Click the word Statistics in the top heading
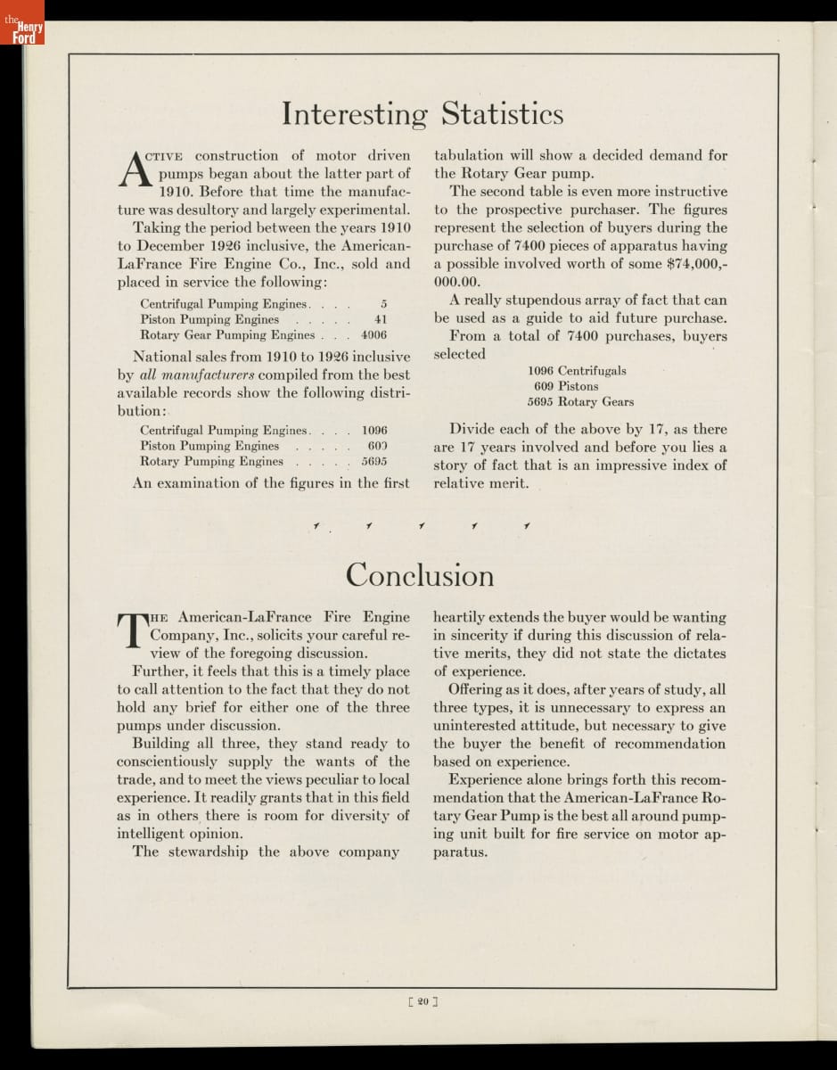[x=503, y=114]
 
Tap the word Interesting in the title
[x=355, y=115]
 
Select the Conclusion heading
[x=419, y=575]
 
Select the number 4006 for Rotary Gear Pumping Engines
[x=373, y=335]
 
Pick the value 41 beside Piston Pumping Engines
[x=381, y=319]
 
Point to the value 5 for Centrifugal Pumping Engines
[x=383, y=304]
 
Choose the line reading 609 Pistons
[x=566, y=386]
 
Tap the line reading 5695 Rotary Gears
[x=580, y=402]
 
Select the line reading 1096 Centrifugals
[x=577, y=370]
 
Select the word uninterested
[x=480, y=725]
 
